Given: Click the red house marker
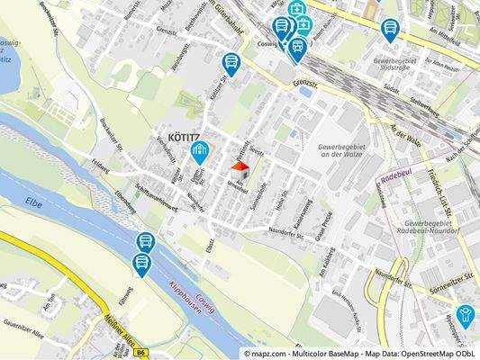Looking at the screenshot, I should click(x=240, y=169).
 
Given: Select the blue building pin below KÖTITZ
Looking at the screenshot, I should click(x=200, y=152).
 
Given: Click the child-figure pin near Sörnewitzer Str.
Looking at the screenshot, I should click(x=465, y=314).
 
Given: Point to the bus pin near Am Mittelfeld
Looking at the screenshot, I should click(x=390, y=30).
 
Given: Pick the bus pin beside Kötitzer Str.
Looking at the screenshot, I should click(x=231, y=63).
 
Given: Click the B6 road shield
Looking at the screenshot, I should click(x=140, y=354).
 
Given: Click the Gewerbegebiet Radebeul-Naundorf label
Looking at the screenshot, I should click(x=439, y=226).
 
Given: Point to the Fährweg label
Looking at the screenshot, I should click(x=128, y=296).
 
